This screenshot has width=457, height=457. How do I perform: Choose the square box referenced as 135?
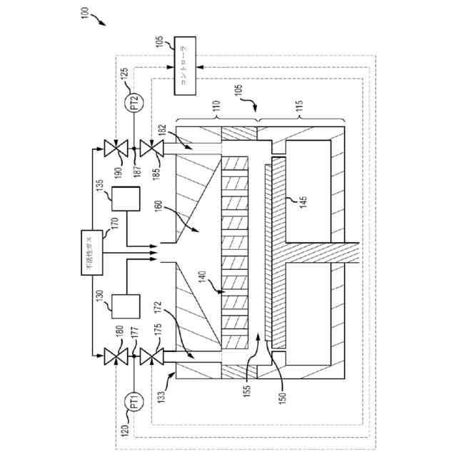[126, 199]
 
